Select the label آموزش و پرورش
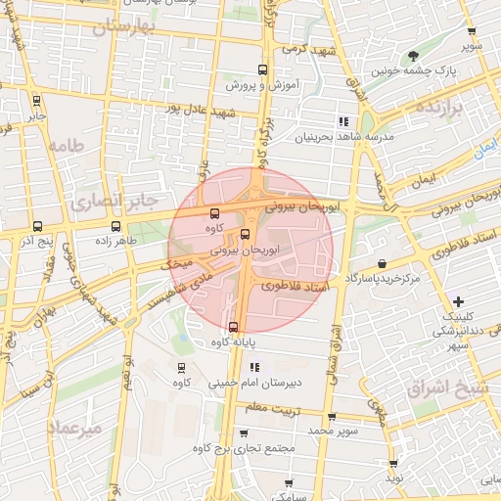261,86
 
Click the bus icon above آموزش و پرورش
261,69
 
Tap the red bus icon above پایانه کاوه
233,327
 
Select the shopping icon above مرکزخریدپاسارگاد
380,263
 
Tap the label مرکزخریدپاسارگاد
382,279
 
